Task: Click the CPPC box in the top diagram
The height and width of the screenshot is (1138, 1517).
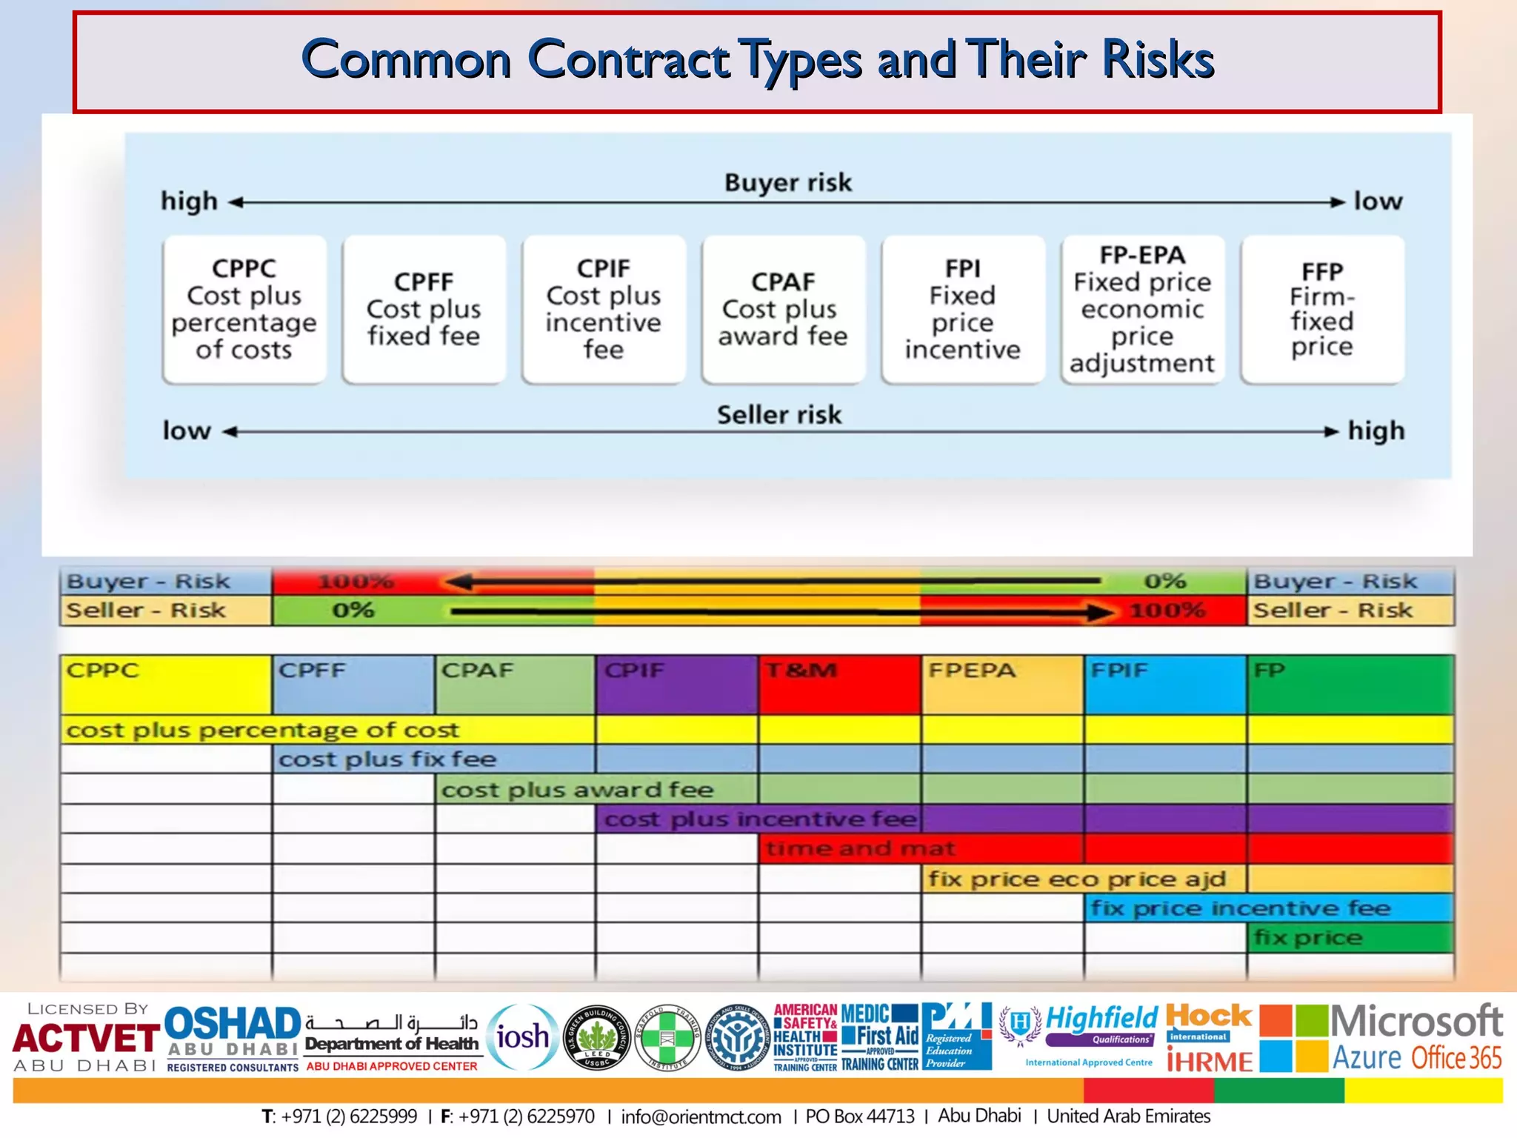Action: click(244, 309)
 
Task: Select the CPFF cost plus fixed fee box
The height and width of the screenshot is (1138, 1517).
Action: click(424, 309)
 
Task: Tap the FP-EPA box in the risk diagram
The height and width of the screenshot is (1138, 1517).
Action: click(1142, 309)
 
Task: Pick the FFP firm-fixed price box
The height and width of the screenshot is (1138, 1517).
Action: click(1322, 309)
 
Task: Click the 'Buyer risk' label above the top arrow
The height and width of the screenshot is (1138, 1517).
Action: click(788, 182)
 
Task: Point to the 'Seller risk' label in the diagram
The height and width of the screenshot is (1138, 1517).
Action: click(779, 415)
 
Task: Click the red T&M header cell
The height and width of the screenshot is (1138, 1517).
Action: click(839, 684)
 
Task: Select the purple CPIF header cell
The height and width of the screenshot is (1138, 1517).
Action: click(676, 684)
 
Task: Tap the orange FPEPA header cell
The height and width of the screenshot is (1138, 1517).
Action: click(1002, 684)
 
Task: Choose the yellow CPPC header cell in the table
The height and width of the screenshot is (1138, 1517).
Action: click(166, 684)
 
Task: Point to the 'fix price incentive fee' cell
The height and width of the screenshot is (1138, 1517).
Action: click(1240, 908)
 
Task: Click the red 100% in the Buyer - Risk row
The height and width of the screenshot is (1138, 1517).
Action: click(356, 582)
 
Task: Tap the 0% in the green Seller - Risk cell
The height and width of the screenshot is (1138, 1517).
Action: click(353, 610)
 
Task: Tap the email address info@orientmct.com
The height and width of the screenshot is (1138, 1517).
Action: click(701, 1117)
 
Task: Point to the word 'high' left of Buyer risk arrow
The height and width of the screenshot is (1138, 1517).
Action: click(190, 202)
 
